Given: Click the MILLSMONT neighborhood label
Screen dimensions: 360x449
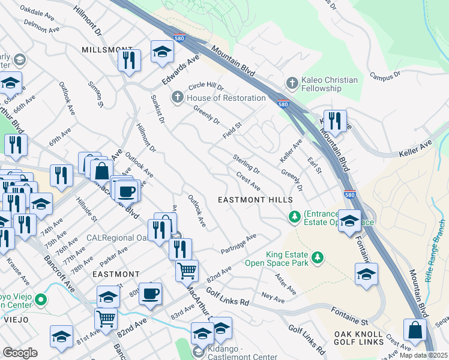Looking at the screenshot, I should [x=106, y=49].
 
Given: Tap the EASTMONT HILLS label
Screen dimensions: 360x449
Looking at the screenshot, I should [x=255, y=199].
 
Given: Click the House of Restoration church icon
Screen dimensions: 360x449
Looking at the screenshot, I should [x=178, y=97].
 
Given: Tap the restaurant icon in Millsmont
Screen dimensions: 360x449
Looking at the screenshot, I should [x=129, y=60].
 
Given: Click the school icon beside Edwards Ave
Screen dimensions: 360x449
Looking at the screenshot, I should [x=161, y=52].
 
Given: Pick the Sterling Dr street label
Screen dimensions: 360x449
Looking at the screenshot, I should [x=246, y=164].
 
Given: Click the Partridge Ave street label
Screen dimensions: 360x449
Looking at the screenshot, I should [x=238, y=244].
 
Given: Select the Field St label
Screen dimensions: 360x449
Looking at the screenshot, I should [x=232, y=130].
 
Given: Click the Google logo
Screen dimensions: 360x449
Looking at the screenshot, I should [x=20, y=353].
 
